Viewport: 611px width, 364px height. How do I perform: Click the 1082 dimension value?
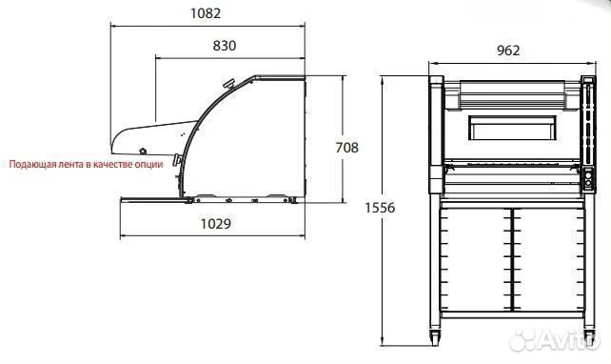[x=206, y=13]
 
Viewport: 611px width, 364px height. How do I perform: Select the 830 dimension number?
[x=225, y=46]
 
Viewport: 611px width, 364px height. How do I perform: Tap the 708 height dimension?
[x=346, y=148]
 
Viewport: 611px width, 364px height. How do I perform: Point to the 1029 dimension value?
[x=215, y=224]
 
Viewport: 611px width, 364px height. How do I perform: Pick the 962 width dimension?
[x=508, y=51]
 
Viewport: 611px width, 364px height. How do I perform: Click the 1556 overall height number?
[x=380, y=208]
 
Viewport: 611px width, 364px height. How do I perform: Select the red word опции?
[x=148, y=164]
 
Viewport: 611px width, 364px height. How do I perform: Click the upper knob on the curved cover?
[x=228, y=84]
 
